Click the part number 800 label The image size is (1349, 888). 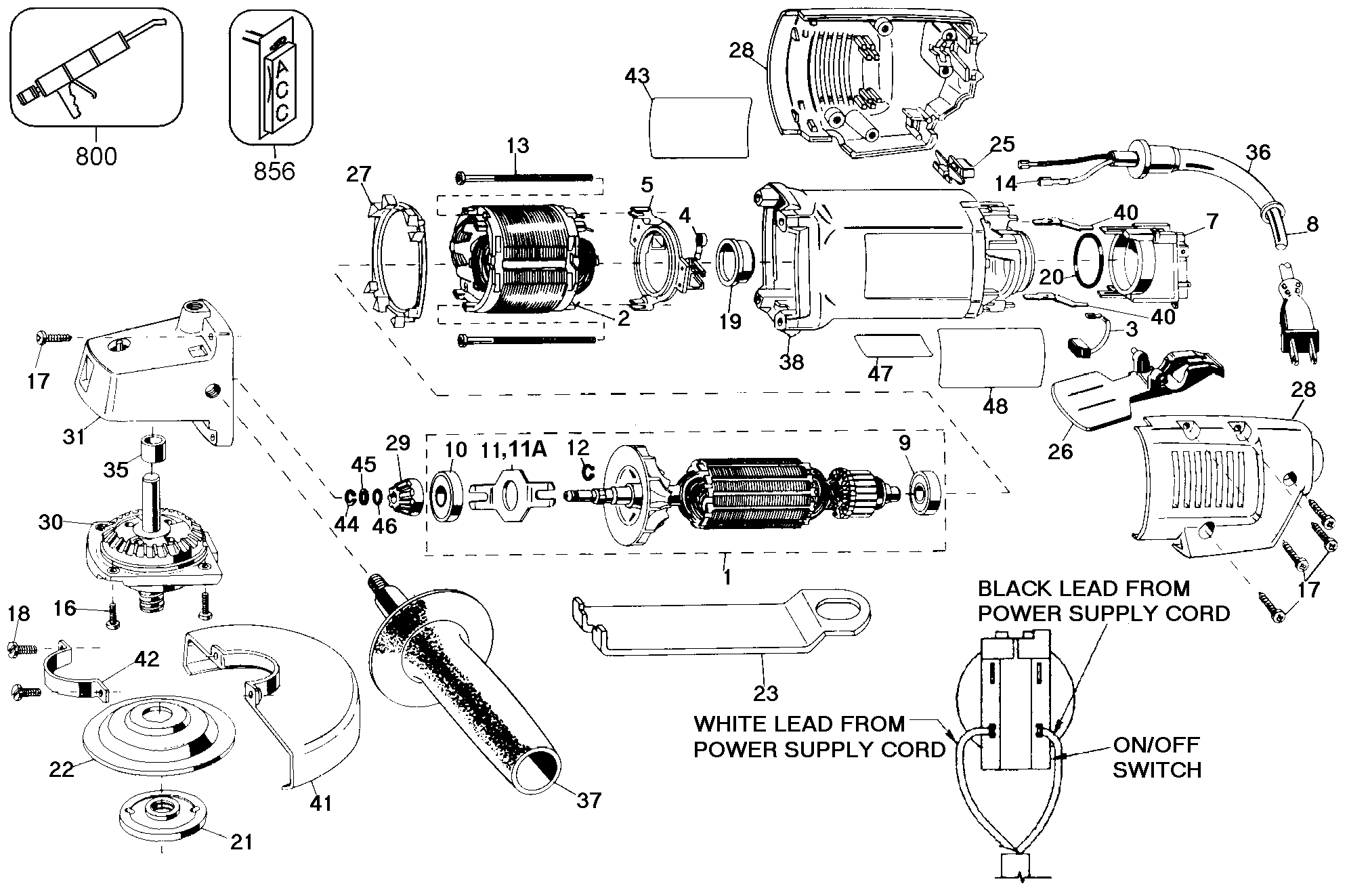click(96, 156)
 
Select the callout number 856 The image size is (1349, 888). click(274, 171)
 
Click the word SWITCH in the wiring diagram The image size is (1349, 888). click(1157, 769)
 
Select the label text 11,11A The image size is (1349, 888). click(513, 449)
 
